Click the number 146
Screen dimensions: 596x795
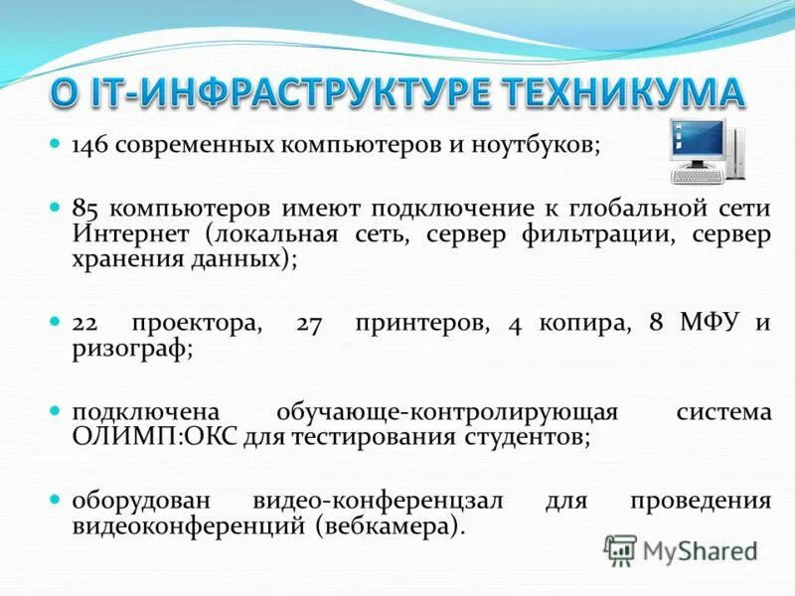[88, 146]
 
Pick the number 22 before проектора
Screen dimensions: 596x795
[85, 324]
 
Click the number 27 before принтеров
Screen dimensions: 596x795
[310, 324]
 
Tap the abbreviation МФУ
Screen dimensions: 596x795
[710, 324]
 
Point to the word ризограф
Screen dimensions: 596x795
[128, 351]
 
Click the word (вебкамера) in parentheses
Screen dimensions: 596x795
[391, 526]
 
